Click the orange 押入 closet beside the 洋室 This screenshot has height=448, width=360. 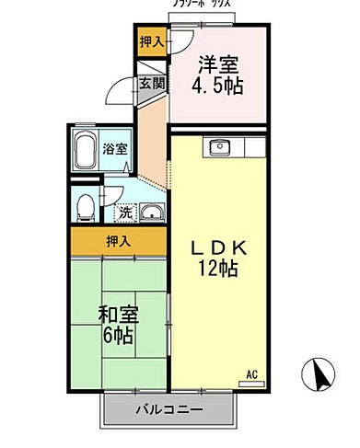coord(152,42)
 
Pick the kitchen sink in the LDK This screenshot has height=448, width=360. coord(221,147)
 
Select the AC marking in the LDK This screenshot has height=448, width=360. coord(252,373)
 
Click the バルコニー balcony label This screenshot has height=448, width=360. coord(171,408)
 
